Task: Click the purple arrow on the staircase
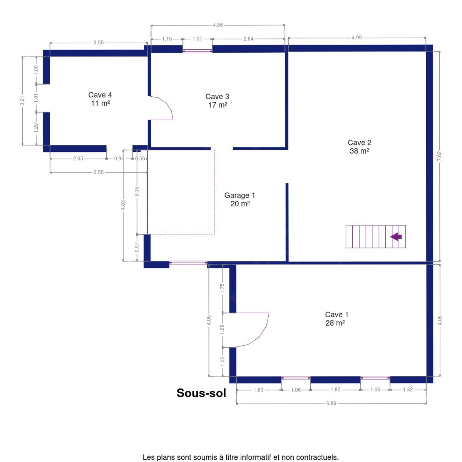click(396, 237)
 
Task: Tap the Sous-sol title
click(201, 393)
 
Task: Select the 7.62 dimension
click(439, 156)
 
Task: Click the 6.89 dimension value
click(331, 403)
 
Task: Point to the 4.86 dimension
click(218, 25)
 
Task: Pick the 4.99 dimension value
click(357, 37)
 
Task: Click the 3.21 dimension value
click(22, 101)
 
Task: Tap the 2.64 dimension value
click(248, 39)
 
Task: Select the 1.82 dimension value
click(335, 389)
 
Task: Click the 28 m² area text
click(335, 323)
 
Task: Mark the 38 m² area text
click(359, 151)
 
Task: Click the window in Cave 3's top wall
click(198, 51)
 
